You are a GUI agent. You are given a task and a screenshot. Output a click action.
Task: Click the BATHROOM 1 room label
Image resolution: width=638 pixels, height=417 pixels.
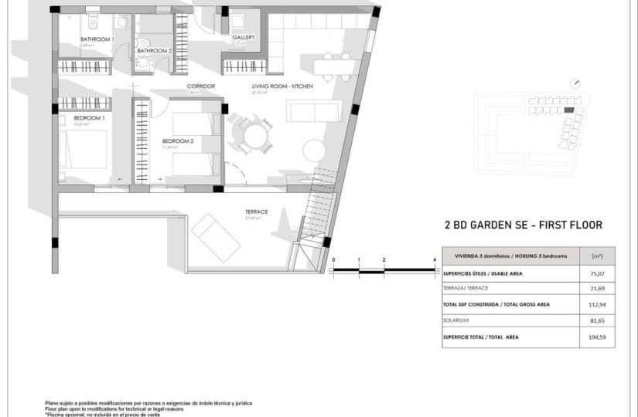[97, 39]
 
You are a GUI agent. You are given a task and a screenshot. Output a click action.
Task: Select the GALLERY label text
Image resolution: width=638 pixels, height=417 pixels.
[244, 37]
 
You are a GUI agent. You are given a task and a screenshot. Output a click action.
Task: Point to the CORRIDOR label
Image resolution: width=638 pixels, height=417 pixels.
[201, 86]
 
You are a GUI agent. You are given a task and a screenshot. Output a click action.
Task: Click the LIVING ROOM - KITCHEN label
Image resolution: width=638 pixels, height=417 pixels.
[282, 86]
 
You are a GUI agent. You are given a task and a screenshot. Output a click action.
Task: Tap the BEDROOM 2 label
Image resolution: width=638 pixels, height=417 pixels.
[177, 141]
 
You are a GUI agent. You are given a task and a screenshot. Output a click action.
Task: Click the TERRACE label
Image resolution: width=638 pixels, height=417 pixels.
[256, 211]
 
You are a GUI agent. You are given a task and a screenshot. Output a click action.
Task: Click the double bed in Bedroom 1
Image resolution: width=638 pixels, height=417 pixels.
[83, 149]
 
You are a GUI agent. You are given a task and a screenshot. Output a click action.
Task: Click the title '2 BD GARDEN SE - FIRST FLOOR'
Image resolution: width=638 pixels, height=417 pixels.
[523, 225]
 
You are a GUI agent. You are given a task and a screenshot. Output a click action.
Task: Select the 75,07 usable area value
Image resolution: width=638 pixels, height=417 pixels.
[596, 273]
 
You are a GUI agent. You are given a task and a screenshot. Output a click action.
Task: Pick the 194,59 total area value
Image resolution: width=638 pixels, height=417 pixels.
[596, 337]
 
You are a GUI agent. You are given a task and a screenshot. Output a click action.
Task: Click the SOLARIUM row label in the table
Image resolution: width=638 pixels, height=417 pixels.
[455, 320]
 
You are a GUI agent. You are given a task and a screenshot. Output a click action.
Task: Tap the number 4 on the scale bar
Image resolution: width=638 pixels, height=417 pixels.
[435, 260]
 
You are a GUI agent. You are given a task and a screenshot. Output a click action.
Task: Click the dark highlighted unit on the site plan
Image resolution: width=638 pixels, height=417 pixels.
[569, 110]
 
